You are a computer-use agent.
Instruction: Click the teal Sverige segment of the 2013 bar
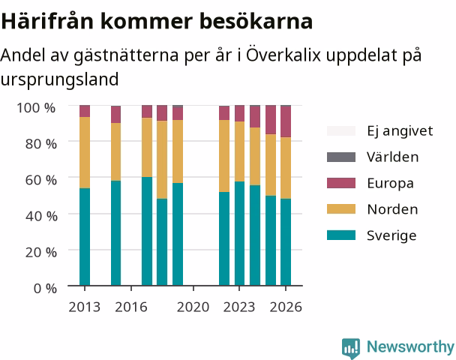(85, 237)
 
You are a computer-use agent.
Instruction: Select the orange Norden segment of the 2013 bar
(85, 153)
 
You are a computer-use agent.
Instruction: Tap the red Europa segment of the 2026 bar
(286, 121)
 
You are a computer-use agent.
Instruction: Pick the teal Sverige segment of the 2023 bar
(240, 233)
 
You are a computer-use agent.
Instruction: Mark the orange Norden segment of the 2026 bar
(286, 168)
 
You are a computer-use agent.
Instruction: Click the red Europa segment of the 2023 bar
(240, 113)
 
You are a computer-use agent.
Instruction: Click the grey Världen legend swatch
(341, 157)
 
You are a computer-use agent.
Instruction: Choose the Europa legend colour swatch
(341, 183)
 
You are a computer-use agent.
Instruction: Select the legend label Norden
(392, 209)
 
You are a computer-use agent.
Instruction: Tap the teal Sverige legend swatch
(341, 235)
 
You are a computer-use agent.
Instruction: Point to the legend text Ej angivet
(400, 131)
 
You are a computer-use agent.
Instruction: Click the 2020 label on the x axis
(193, 307)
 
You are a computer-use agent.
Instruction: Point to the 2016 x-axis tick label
(131, 307)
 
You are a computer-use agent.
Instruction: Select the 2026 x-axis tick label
(286, 307)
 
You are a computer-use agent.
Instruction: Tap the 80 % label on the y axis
(41, 144)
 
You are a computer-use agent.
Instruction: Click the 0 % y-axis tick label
(45, 289)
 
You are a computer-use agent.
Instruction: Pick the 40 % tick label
(41, 216)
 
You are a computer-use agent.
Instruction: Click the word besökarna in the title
(256, 21)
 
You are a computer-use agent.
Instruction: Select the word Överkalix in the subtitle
(283, 55)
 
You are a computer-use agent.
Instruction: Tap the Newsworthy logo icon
(351, 348)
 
